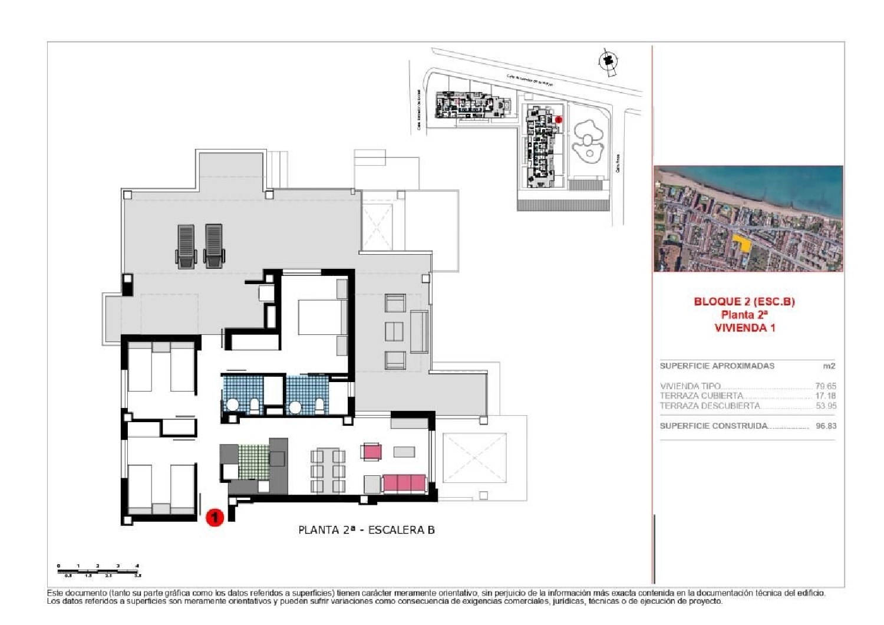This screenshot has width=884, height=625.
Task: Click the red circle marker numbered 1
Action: pyautogui.click(x=215, y=517)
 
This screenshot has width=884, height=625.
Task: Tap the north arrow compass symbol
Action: pyautogui.click(x=608, y=61)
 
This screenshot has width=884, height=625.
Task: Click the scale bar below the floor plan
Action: pyautogui.click(x=99, y=570)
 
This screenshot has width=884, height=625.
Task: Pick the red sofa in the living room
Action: pyautogui.click(x=404, y=483)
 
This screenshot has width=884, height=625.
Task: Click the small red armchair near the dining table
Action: pyautogui.click(x=372, y=452)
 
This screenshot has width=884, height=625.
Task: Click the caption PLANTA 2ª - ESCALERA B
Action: pyautogui.click(x=366, y=529)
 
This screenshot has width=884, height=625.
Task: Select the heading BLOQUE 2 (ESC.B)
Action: pyautogui.click(x=744, y=301)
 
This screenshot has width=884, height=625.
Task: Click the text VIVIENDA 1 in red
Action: pyautogui.click(x=744, y=328)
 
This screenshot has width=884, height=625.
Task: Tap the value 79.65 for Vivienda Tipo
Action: pyautogui.click(x=825, y=386)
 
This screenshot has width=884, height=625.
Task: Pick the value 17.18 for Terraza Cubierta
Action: pyautogui.click(x=825, y=396)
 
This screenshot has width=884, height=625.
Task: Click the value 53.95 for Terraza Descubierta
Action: pyautogui.click(x=825, y=406)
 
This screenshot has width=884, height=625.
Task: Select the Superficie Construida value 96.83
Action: pyautogui.click(x=826, y=426)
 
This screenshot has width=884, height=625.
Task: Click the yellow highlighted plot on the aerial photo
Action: pyautogui.click(x=742, y=242)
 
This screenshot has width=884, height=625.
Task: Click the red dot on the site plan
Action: pyautogui.click(x=559, y=120)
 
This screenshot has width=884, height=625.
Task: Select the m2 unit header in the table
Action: pyautogui.click(x=829, y=366)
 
